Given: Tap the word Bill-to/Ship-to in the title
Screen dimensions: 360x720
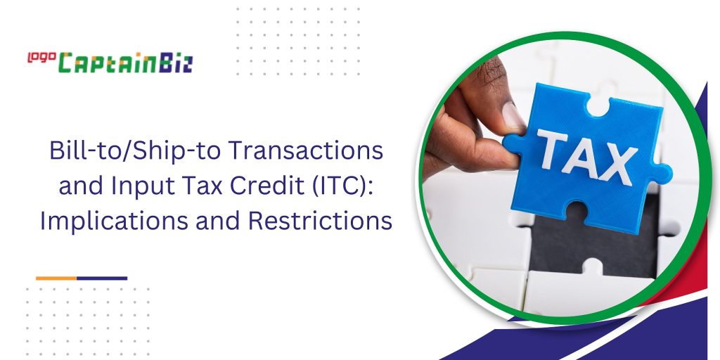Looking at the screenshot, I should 124,152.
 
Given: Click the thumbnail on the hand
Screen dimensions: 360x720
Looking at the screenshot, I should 511,115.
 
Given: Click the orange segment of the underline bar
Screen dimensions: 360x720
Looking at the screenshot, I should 56,278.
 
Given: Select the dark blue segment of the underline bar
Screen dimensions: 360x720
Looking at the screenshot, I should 102,278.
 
